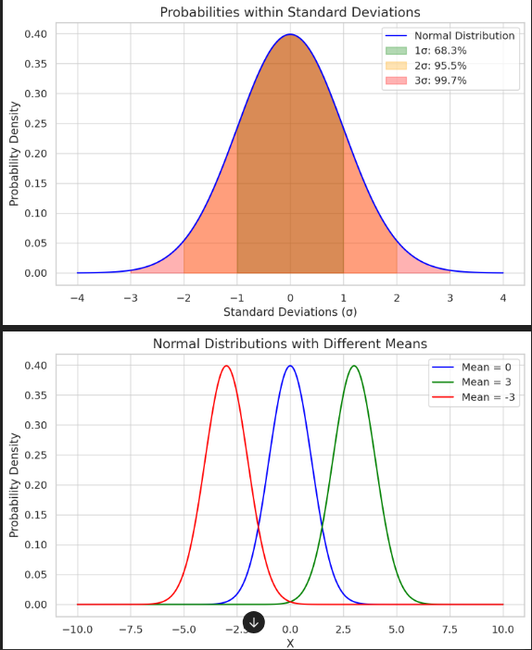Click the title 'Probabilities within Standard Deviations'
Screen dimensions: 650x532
(x=290, y=12)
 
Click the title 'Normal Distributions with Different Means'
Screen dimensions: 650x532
(x=290, y=344)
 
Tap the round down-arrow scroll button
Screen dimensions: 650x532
(x=253, y=622)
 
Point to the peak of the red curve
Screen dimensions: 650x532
(x=226, y=366)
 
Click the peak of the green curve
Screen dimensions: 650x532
(x=353, y=366)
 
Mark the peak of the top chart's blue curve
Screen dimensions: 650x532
(x=290, y=35)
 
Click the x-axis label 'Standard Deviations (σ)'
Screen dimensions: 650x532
(x=290, y=312)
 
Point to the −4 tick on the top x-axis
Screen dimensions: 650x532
(x=77, y=296)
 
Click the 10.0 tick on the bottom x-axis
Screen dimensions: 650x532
(x=502, y=629)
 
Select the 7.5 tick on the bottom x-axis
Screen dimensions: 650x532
(x=450, y=629)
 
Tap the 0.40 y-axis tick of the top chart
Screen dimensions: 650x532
(x=35, y=34)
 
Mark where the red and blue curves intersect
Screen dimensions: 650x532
(x=258, y=528)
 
